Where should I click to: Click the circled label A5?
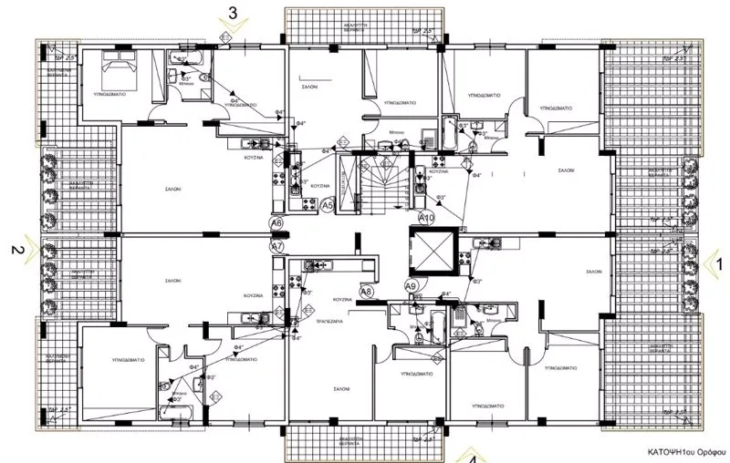328,207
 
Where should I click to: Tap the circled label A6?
276,222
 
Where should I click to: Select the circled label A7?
276,246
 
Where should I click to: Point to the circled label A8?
366,292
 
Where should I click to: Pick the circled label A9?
411,286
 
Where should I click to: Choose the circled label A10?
425,218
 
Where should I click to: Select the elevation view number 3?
234,13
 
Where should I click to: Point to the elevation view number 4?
472,458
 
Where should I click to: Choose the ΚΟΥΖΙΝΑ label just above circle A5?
319,185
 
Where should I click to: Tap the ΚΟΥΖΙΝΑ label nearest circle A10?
439,170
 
